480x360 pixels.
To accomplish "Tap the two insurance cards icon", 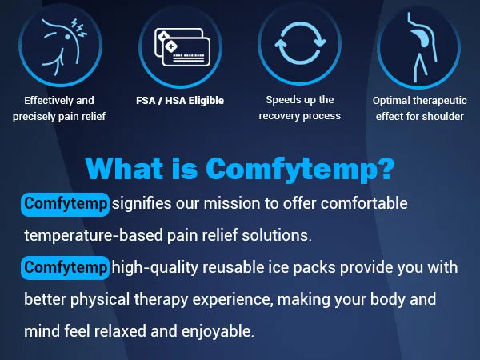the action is (x=182, y=47).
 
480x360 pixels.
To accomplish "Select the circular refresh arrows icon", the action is (x=300, y=43).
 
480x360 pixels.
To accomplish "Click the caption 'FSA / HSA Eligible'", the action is (x=180, y=101).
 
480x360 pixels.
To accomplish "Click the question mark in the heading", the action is (x=386, y=168).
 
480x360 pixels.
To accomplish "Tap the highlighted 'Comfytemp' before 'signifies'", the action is (x=66, y=204).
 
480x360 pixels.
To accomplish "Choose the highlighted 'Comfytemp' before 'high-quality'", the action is (x=66, y=268).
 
